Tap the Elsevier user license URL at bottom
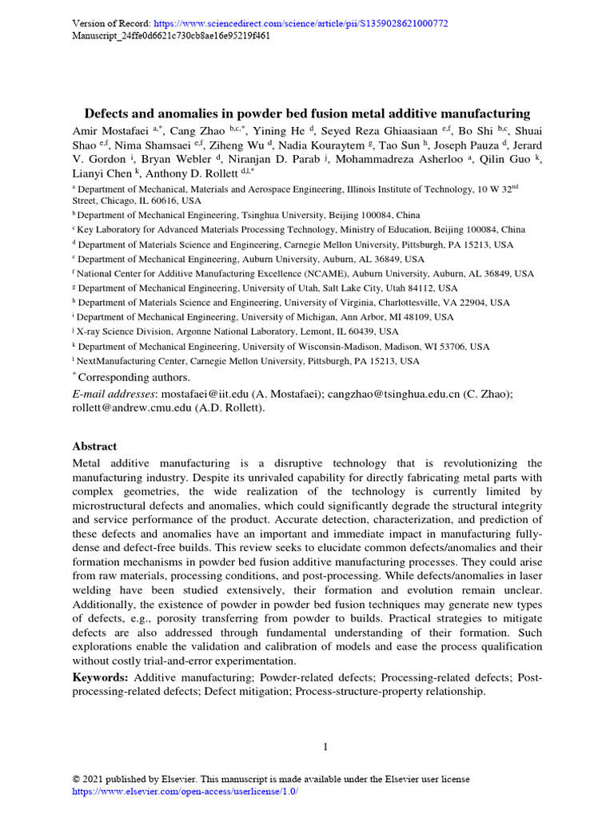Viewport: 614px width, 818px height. click(185, 791)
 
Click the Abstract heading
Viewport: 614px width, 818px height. click(94, 447)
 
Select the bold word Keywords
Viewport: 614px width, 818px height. click(100, 677)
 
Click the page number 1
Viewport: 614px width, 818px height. click(325, 747)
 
